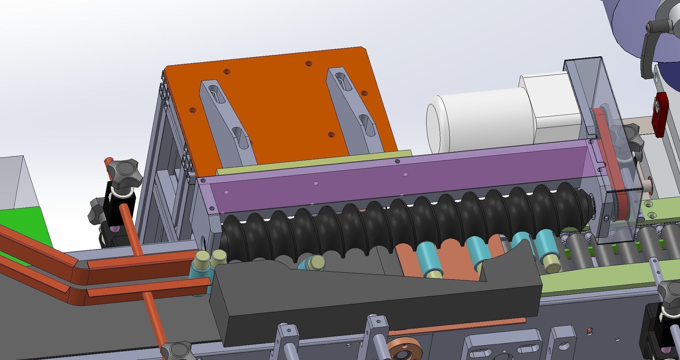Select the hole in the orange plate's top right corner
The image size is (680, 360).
tap(309, 63)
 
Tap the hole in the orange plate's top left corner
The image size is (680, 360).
tap(227, 71)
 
